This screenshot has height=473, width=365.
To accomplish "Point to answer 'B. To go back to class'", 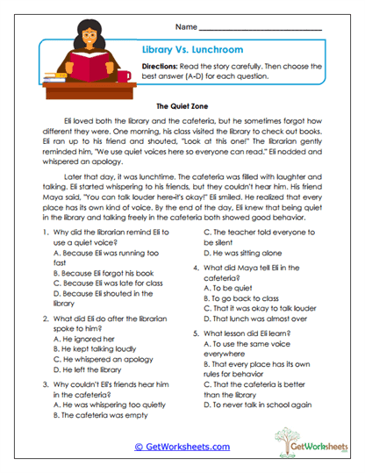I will point(245,297).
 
